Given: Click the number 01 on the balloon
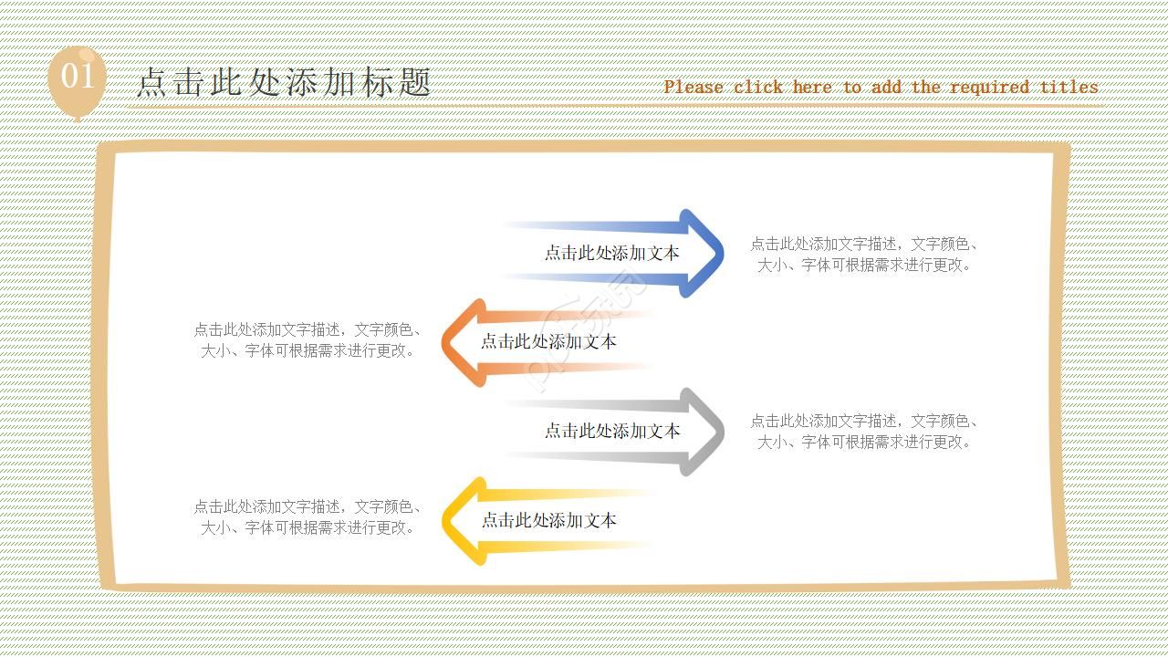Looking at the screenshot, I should coord(78,76).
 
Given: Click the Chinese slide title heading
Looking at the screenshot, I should coord(284,82).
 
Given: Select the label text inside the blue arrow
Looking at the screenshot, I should coord(612,254).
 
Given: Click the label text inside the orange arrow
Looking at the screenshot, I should coord(548,341).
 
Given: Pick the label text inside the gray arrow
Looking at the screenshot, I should coord(612,431).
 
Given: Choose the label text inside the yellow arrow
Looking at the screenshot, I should coord(548,520).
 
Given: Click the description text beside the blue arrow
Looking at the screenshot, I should coord(864,255).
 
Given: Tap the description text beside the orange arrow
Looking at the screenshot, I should coord(308,339).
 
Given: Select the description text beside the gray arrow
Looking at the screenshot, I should coord(864,432).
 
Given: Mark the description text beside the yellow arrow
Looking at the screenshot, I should coord(308,516).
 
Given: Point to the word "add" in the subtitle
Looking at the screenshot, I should coord(886,88).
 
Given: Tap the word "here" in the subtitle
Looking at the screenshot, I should coord(812,88).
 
